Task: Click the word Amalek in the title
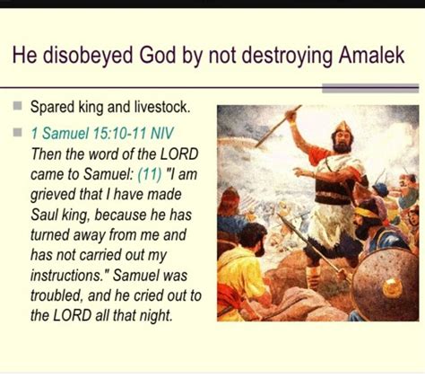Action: (371, 55)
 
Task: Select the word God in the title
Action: (157, 55)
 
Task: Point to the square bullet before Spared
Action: (18, 106)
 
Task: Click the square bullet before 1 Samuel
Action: (18, 132)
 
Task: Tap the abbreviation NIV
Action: (161, 133)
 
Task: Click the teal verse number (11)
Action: (150, 174)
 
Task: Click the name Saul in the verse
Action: (44, 215)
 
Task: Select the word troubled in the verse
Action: (56, 295)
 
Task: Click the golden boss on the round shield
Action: (392, 288)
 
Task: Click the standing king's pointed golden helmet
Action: (343, 127)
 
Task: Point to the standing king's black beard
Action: (342, 146)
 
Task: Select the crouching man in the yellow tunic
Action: (244, 273)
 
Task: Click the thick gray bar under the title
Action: (370, 89)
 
